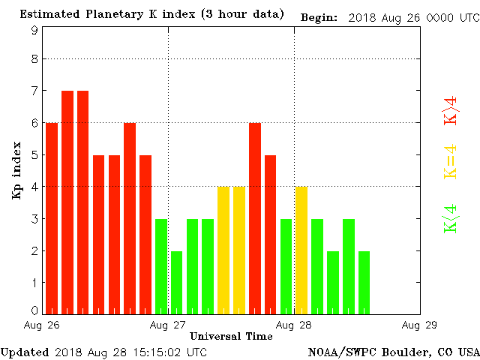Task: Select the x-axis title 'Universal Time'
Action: [x=230, y=336]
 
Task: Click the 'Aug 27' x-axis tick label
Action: [x=167, y=325]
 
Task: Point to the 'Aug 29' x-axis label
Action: [x=419, y=325]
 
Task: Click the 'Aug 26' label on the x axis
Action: [x=42, y=325]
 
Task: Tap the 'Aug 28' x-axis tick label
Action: [x=294, y=325]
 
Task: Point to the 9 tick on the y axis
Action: [x=34, y=31]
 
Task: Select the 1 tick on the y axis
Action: [x=34, y=281]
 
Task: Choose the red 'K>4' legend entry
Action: [x=451, y=110]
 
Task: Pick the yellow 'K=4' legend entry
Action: [x=451, y=161]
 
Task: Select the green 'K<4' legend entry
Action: [x=451, y=217]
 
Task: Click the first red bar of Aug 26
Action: [x=52, y=217]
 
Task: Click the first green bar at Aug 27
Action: [x=161, y=265]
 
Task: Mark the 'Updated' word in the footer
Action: [x=25, y=352]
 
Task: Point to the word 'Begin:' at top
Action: [x=319, y=16]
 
